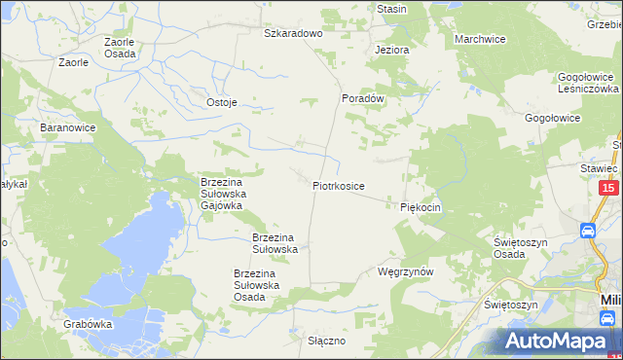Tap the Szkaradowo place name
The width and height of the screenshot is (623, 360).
click(x=293, y=32)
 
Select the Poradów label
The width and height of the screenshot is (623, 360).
click(x=364, y=98)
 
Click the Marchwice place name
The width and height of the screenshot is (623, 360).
click(x=480, y=39)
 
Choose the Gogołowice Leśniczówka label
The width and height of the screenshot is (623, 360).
click(x=584, y=82)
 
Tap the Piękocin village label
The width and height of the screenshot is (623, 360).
click(x=421, y=207)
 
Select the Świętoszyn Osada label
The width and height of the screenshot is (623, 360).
click(x=523, y=247)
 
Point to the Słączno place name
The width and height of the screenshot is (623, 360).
click(x=327, y=341)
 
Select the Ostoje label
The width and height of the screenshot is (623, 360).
click(x=222, y=102)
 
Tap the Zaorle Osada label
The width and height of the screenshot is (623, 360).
click(x=121, y=49)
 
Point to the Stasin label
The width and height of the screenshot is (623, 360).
click(x=391, y=9)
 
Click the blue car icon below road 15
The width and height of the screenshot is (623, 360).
click(x=589, y=232)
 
